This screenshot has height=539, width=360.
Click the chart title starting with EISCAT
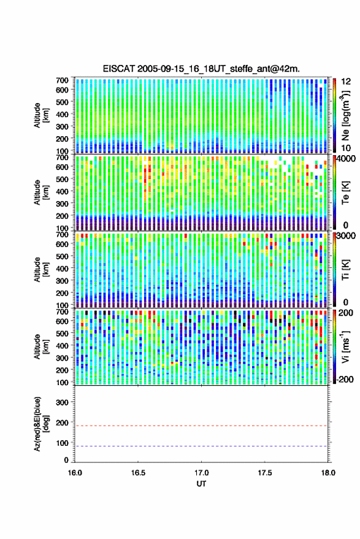tap(201, 69)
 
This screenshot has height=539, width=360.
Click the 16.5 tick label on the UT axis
tap(138, 473)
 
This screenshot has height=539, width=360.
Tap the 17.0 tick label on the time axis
tap(201, 473)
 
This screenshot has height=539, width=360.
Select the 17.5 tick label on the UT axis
tap(265, 473)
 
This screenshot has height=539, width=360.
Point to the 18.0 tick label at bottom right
tap(328, 473)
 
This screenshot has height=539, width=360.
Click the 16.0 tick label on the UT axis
tap(75, 473)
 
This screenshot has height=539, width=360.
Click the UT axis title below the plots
tap(201, 484)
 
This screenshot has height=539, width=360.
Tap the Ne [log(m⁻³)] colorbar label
tap(345, 115)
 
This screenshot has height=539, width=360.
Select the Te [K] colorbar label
tap(345, 193)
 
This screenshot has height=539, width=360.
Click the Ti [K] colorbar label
tap(345, 270)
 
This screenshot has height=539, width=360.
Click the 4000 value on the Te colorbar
tap(346, 159)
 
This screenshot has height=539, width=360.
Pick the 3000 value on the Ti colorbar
tap(346, 236)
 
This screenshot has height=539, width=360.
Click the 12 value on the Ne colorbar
tap(346, 82)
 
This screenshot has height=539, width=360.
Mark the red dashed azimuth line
tap(201, 426)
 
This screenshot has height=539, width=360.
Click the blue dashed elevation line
tap(201, 446)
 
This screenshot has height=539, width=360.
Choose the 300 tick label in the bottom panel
tap(62, 402)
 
